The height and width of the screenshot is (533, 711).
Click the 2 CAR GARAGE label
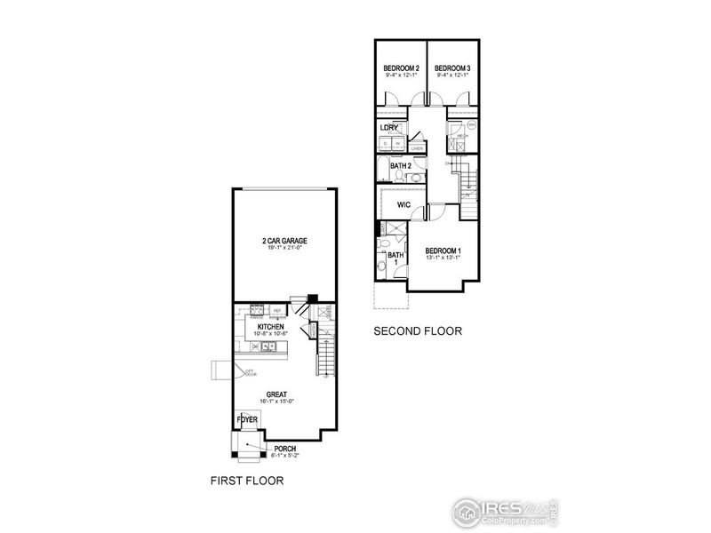[x=284, y=241]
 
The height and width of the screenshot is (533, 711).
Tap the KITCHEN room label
[x=270, y=327]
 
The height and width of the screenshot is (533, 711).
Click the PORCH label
[x=284, y=449]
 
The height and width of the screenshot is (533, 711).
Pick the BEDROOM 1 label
[x=442, y=251]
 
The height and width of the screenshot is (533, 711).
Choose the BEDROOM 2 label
[x=400, y=68]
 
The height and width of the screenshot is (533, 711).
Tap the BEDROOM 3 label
[x=451, y=68]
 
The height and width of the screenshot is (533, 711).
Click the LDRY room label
[x=388, y=127]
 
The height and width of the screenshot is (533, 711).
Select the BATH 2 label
[x=401, y=165]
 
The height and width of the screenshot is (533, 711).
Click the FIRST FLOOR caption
[x=246, y=481]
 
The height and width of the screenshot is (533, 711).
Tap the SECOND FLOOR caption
[x=418, y=331]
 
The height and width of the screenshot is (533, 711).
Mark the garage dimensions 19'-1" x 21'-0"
[x=284, y=249]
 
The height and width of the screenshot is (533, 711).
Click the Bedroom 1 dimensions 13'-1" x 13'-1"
[x=442, y=259]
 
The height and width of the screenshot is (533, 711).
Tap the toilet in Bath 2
[x=413, y=177]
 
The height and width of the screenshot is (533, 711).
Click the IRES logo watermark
[x=503, y=509]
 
